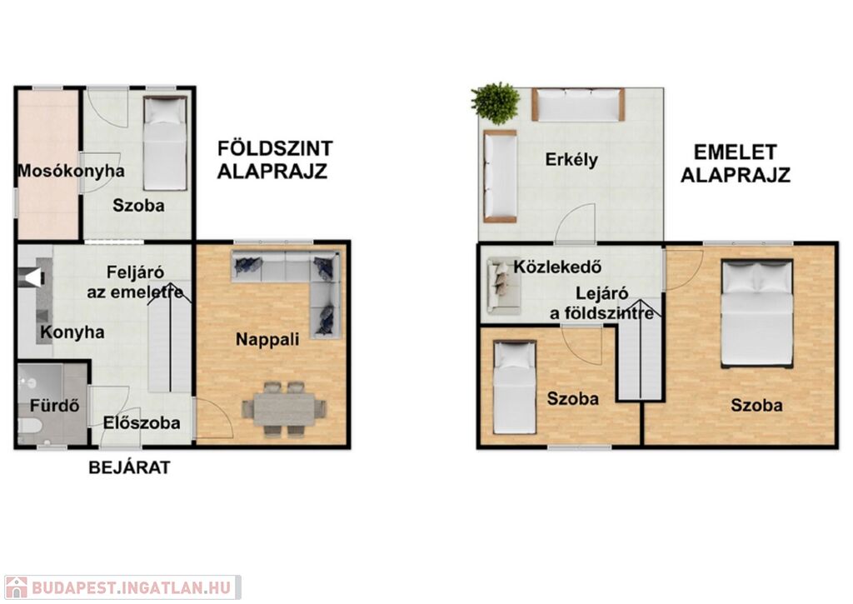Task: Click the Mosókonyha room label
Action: point(72,171)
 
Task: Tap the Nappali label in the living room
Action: point(267,340)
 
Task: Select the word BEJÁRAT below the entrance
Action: point(129,467)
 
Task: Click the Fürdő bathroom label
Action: point(54,406)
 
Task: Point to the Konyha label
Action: point(72,332)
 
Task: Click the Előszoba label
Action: point(142,423)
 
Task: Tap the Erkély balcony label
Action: point(571,160)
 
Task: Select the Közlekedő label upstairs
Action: point(557,267)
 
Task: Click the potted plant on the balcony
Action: point(495,103)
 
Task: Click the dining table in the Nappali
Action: point(285,409)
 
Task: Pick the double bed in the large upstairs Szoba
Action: point(756,312)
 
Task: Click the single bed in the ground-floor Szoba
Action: point(165,143)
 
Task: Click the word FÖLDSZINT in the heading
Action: point(275,148)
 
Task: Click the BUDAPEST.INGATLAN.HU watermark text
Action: point(131,587)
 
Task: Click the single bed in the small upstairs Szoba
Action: point(514,387)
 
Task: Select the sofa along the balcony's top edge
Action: point(578,104)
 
